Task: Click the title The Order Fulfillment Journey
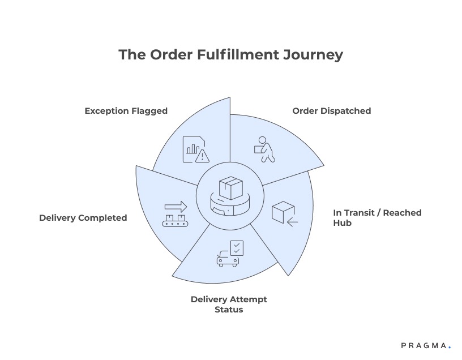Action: point(230,55)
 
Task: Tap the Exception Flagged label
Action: point(126,111)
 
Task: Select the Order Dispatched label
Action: point(331,111)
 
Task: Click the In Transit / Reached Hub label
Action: point(377,218)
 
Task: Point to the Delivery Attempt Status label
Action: point(229,304)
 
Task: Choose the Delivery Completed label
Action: point(83,218)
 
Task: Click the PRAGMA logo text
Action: point(424,345)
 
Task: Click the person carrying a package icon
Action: point(263,149)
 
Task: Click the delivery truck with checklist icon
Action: point(230,253)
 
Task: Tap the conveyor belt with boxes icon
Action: point(175,215)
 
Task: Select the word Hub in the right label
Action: point(342,223)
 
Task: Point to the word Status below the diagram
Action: point(229,310)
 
